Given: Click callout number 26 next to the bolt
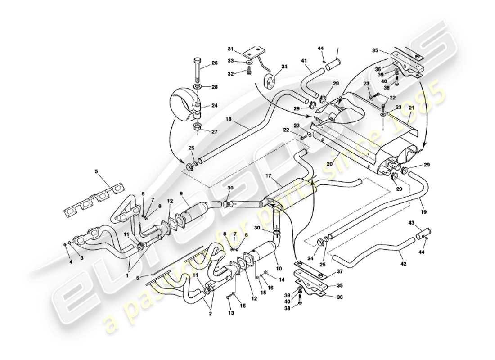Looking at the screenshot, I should [x=215, y=63].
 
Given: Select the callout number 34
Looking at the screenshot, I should [x=284, y=67].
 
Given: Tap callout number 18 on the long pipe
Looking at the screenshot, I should [x=229, y=120].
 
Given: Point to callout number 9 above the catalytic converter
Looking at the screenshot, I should [x=181, y=194].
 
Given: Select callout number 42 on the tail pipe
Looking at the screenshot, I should [x=403, y=264].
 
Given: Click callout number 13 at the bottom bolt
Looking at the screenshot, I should [x=231, y=312].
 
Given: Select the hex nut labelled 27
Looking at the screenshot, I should [x=198, y=128].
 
